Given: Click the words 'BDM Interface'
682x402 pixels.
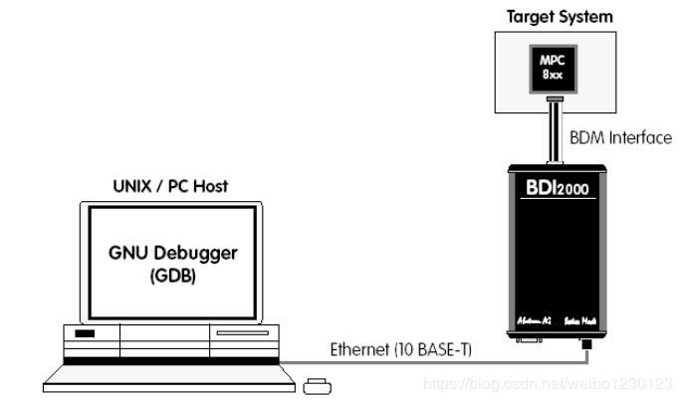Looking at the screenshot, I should (x=620, y=137).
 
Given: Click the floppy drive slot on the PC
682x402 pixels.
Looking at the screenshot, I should (x=242, y=331).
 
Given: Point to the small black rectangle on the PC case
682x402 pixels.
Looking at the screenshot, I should (x=85, y=332).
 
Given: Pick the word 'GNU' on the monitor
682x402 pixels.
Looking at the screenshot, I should (x=130, y=253).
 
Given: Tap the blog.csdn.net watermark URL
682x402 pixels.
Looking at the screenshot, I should (x=549, y=383).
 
